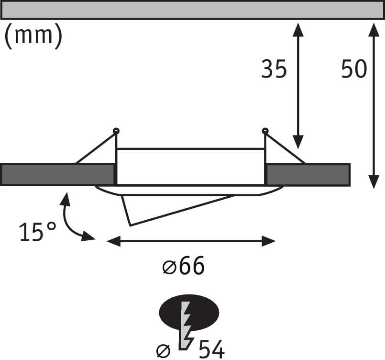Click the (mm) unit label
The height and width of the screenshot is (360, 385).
click(33, 36)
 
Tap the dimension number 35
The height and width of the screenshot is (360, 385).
click(274, 69)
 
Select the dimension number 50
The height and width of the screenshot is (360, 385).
click(354, 69)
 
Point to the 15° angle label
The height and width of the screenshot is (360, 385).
click(38, 232)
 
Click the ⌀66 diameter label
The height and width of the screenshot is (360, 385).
click(184, 265)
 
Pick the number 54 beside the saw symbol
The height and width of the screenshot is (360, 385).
click(212, 349)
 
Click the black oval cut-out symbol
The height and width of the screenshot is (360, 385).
click(189, 312)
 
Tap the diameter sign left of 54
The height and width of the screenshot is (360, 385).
click(163, 351)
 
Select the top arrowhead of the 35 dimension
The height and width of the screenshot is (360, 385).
click(298, 30)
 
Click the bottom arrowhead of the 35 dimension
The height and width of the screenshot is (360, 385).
click(298, 142)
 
